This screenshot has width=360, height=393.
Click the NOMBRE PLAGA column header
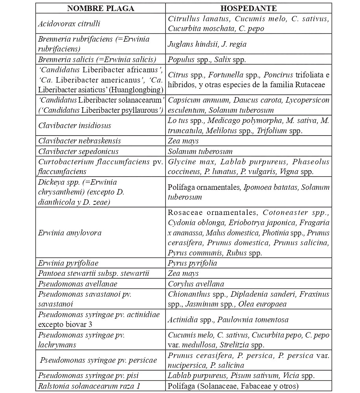click(101, 8)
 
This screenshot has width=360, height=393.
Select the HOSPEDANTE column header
click(248, 8)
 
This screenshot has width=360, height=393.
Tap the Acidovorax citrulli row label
click(69, 24)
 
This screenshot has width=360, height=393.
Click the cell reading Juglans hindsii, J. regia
click(207, 44)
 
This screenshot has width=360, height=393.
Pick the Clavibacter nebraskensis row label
click(79, 141)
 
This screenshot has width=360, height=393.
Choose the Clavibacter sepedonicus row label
click(78, 151)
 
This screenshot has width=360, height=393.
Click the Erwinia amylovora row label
click(70, 233)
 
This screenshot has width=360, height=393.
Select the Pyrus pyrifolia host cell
click(192, 263)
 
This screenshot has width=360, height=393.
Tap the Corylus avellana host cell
click(196, 283)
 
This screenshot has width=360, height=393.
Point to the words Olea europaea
click(265, 304)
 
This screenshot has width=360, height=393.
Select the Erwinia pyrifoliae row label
click(68, 263)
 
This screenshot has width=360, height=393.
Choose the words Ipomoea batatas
click(271, 187)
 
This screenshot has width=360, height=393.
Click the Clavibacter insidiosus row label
click(75, 125)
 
